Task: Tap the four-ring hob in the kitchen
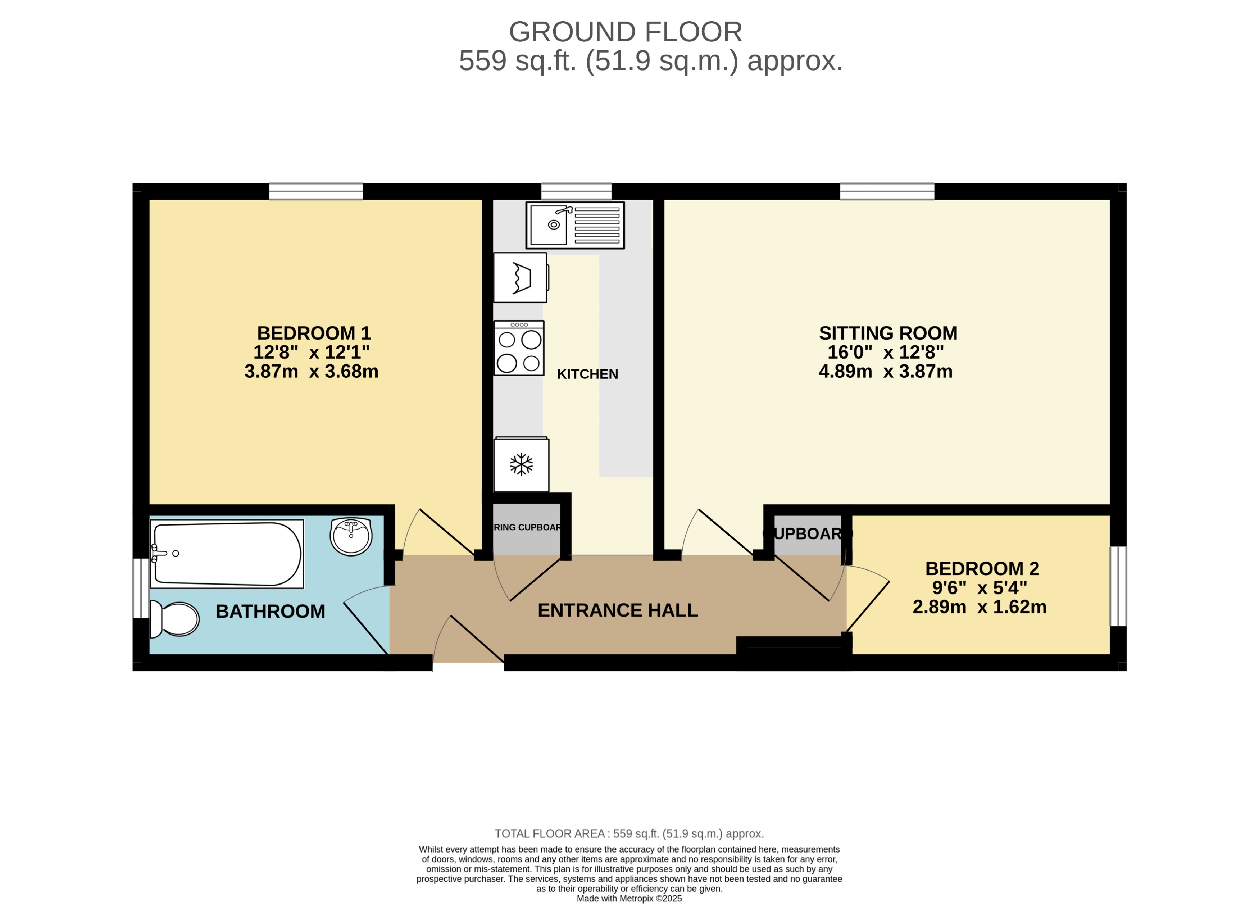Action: coord(519,349)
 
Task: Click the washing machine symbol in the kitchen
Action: coord(520,278)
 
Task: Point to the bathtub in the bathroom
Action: coord(227,554)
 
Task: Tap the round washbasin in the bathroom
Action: coord(351,536)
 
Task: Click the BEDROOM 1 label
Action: coord(314,333)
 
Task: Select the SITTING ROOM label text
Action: coord(888,333)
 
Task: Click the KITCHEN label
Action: coord(587,374)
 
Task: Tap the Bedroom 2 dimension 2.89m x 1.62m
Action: coord(979,607)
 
